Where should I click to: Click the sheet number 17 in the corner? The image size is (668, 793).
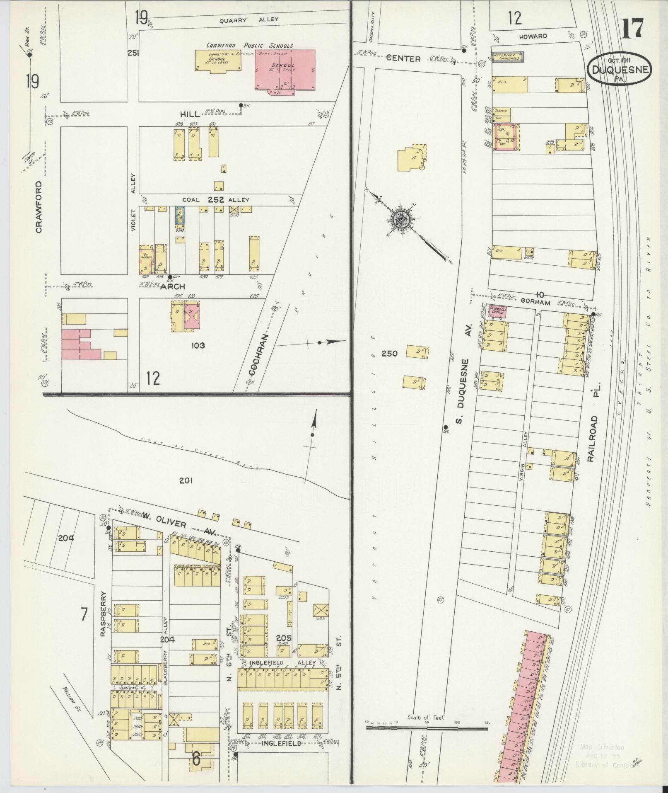(x=632, y=28)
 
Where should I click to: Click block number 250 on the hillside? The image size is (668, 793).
(x=389, y=353)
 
